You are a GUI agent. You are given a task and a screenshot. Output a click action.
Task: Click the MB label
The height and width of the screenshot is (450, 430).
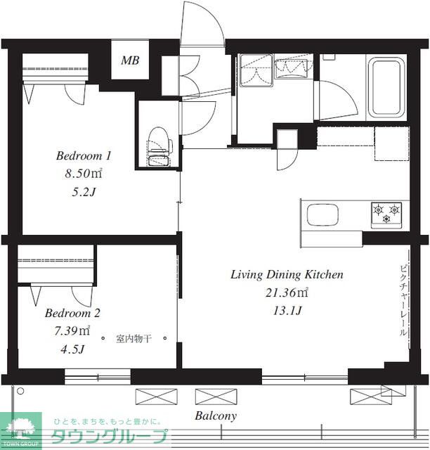point(130,60)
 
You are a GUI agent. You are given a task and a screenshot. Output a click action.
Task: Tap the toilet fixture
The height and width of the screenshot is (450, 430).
point(159,146)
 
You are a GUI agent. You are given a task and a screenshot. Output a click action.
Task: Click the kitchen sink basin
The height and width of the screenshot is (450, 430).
point(322,215)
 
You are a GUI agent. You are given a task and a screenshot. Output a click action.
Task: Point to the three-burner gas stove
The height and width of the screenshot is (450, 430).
point(386,214)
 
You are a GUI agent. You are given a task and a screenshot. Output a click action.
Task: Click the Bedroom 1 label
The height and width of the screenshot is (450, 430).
point(84,156)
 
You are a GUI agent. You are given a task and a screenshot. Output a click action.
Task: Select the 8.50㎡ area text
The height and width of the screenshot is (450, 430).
point(84,174)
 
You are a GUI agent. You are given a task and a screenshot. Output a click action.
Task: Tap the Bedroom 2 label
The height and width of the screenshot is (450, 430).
point(72,313)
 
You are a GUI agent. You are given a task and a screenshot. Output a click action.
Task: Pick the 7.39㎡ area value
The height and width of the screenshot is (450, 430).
point(72,330)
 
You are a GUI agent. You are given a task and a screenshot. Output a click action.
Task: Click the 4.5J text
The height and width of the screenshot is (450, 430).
point(72,349)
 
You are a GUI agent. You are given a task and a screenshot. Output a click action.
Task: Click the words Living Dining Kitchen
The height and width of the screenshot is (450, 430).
point(287,275)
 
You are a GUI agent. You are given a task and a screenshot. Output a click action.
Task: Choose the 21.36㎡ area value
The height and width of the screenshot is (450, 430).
point(287,292)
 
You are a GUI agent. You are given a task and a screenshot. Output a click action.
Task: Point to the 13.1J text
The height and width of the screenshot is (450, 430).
point(287,311)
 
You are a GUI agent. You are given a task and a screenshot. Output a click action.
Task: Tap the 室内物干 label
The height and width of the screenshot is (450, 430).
point(133,339)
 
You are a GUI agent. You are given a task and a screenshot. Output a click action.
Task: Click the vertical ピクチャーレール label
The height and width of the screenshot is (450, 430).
point(403,300)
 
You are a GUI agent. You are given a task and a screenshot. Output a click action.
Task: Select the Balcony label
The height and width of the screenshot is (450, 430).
point(216,416)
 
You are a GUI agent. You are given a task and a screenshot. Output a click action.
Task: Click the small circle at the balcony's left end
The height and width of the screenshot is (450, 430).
point(20,391)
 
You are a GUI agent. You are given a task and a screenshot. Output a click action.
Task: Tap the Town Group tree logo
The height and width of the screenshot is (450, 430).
point(20,430)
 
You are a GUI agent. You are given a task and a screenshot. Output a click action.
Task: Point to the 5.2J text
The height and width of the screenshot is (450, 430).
point(84,192)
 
